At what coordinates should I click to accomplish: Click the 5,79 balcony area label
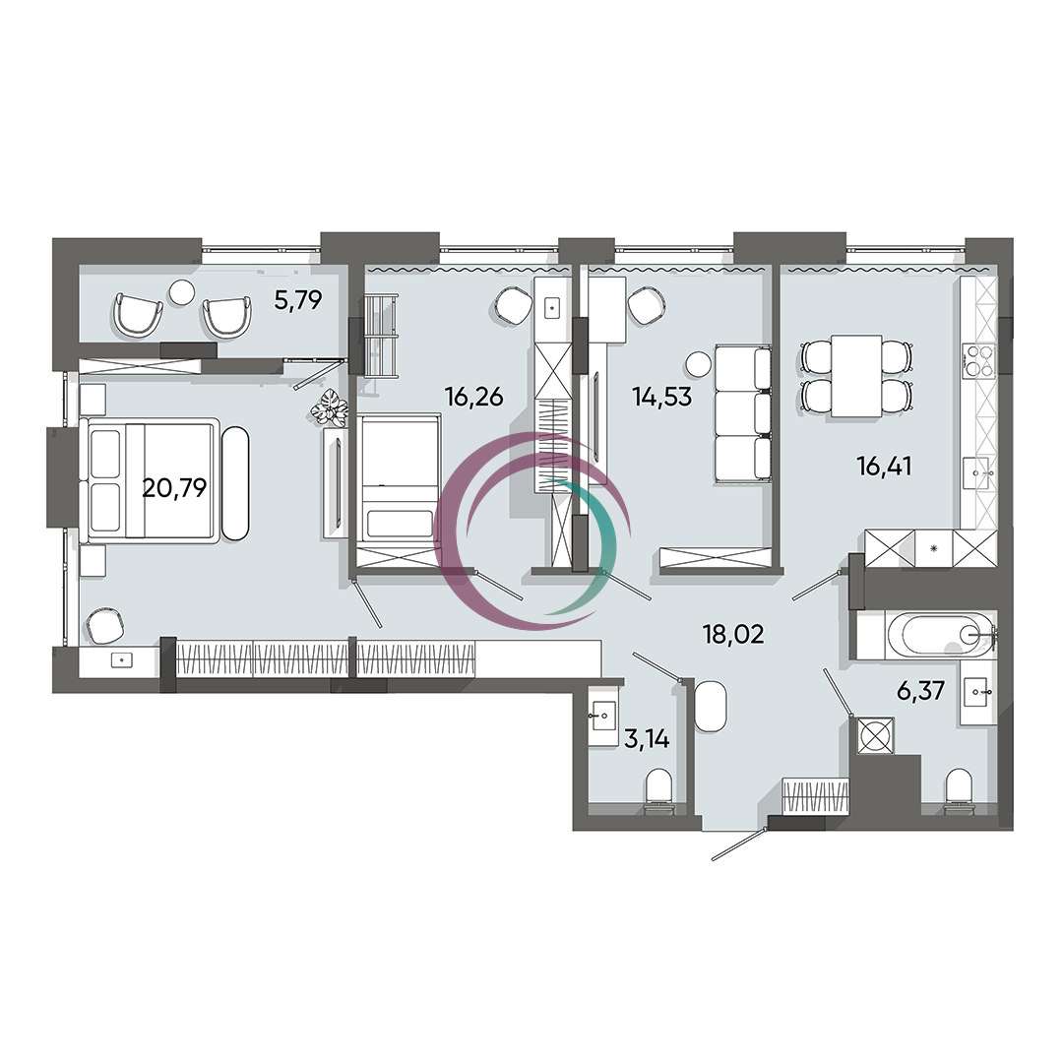(x=297, y=299)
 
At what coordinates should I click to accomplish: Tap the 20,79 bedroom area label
(x=174, y=487)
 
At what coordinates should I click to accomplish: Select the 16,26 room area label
(x=473, y=396)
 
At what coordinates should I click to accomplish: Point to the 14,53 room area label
(x=661, y=396)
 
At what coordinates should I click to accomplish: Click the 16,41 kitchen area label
(x=885, y=467)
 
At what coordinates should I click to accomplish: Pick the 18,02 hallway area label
(x=733, y=635)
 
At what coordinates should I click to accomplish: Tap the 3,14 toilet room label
(x=647, y=739)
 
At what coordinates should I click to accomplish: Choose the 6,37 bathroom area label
(x=920, y=692)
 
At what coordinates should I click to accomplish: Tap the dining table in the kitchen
(x=857, y=376)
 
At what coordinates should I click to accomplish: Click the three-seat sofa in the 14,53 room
(x=743, y=414)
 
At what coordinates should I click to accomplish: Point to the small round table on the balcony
(x=182, y=293)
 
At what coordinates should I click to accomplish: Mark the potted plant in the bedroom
(x=330, y=407)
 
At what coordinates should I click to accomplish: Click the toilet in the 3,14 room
(x=658, y=789)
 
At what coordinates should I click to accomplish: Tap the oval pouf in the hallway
(x=712, y=706)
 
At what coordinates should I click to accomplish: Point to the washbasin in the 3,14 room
(x=602, y=716)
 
